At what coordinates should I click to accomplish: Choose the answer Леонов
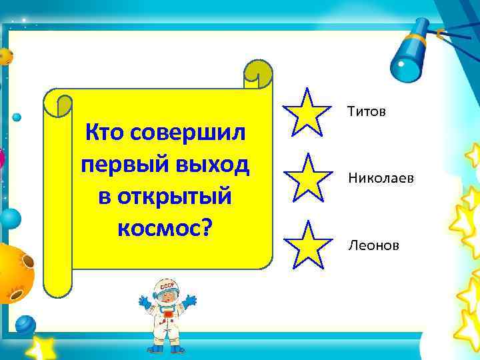point(373,246)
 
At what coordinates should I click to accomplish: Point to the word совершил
point(189,133)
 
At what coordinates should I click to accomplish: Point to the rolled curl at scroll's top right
point(258,73)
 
